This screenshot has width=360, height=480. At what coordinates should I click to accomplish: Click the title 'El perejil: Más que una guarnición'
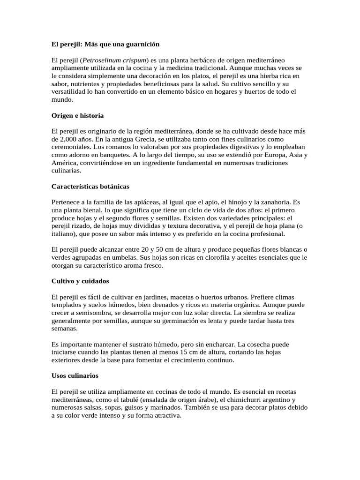[105, 44]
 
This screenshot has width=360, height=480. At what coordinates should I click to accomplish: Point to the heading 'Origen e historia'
[77, 115]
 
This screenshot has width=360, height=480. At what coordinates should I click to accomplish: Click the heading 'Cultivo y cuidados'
[80, 282]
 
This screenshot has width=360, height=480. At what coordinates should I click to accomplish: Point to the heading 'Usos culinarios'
[75, 376]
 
